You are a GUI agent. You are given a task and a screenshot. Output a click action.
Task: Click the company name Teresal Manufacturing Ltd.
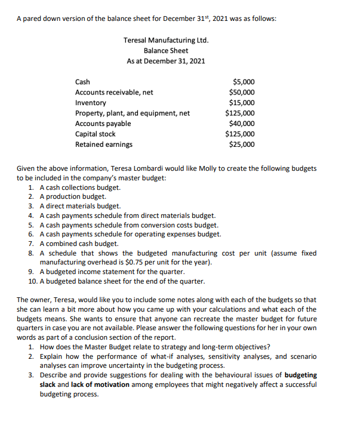[x=166, y=40]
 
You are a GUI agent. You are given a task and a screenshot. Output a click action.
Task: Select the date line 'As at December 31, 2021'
[x=166, y=61]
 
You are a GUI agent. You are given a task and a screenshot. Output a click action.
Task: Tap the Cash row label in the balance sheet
[x=82, y=82]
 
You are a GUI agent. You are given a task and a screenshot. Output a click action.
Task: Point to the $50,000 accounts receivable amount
[x=241, y=92]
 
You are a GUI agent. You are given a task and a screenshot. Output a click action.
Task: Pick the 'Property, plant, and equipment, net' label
[x=132, y=113]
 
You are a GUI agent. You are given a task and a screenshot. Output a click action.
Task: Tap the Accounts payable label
[x=103, y=124]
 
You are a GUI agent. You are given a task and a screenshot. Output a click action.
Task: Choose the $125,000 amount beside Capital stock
[x=239, y=134]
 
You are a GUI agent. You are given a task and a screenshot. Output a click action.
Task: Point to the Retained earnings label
[x=104, y=144]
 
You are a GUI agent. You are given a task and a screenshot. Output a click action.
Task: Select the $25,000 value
[x=241, y=144]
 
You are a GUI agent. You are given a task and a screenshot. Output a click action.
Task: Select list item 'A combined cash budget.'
[x=79, y=244]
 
